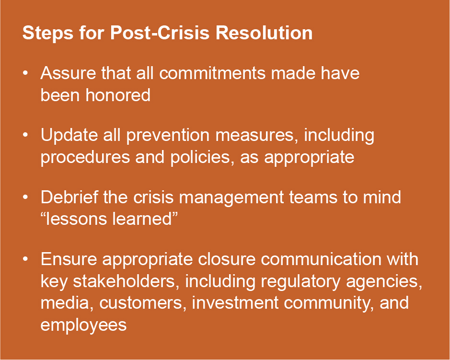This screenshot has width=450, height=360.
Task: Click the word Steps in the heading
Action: (x=47, y=34)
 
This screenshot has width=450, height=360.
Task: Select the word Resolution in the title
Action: (x=264, y=33)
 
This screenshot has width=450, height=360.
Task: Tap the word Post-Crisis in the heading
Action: (x=160, y=33)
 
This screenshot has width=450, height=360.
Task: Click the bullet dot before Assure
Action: (x=25, y=73)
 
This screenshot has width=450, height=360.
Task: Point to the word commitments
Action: (x=213, y=73)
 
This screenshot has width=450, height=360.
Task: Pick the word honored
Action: (x=118, y=95)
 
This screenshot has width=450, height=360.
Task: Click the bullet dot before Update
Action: (x=25, y=135)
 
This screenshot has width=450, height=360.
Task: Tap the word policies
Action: (x=201, y=157)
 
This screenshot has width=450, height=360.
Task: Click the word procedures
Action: (x=85, y=157)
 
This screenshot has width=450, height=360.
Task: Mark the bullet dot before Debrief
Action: (x=25, y=197)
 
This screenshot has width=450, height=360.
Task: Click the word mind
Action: (x=382, y=197)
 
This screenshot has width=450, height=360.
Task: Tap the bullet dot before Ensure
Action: (x=25, y=259)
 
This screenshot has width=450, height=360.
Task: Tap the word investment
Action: (x=235, y=303)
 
